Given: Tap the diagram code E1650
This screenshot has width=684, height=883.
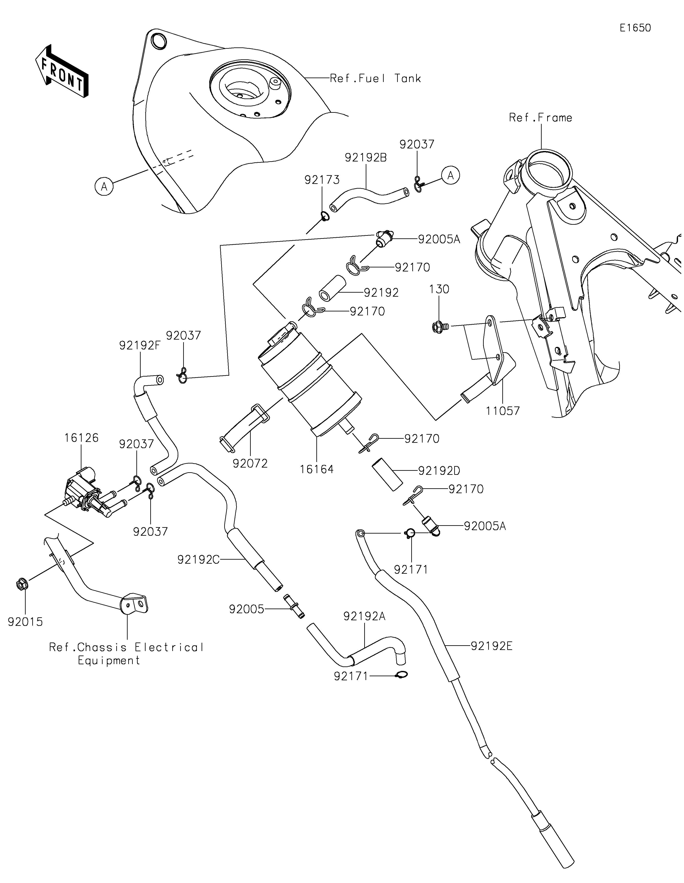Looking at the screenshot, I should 635,28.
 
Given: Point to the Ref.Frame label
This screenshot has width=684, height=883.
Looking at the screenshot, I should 540,118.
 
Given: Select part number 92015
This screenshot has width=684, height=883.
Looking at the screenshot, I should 25,622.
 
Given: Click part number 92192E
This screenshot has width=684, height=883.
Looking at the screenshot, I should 491,646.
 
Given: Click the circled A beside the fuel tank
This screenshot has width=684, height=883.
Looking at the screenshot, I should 104,186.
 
